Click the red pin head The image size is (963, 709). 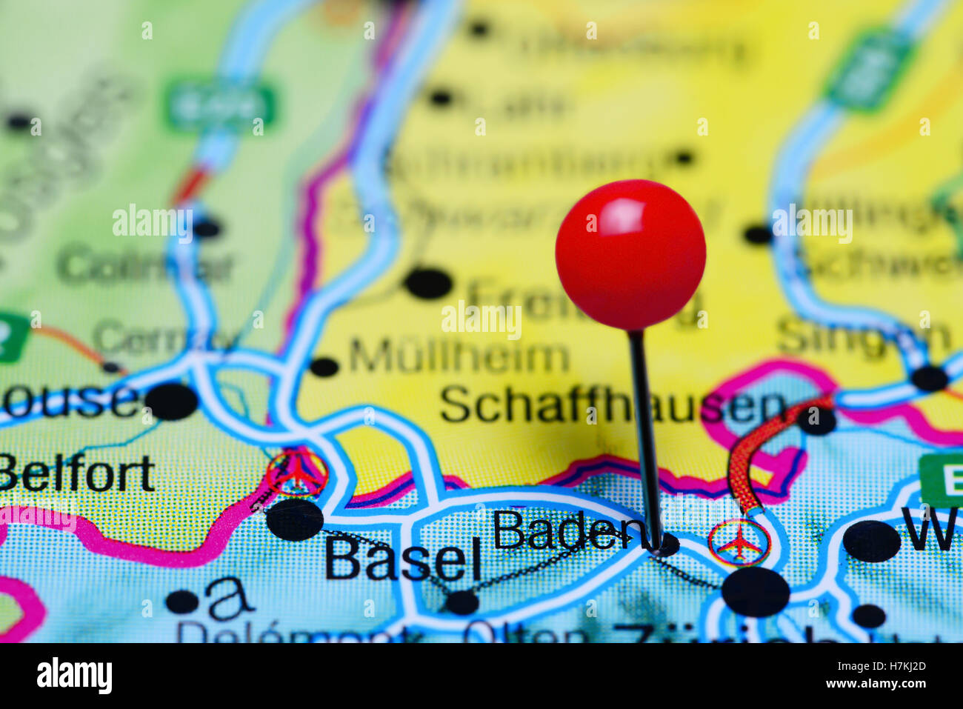tap(630, 254)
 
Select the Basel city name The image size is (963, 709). tap(402, 559)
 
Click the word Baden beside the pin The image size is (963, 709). tap(567, 530)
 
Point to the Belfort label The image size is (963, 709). tap(76, 474)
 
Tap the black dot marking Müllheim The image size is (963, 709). tap(324, 366)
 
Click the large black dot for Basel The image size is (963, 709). tap(295, 519)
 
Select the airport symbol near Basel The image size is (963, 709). tap(298, 473)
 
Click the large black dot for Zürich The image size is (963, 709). tap(756, 591)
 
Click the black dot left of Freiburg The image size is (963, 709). tap(428, 283)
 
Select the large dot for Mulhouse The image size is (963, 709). tap(171, 402)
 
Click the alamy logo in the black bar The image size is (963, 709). tap(75, 676)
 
